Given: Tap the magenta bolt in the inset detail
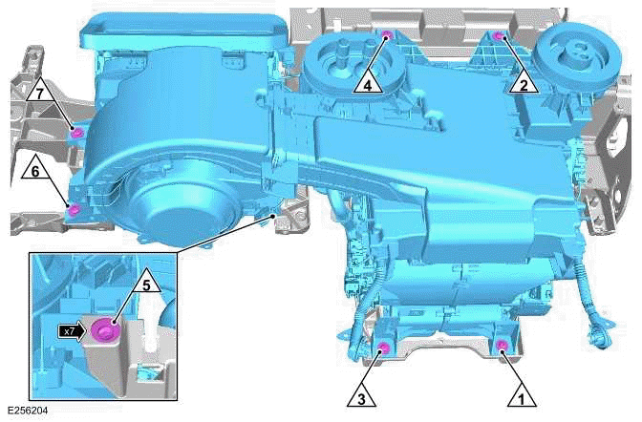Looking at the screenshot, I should [103, 330].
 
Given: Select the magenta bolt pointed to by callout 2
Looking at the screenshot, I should [499, 36].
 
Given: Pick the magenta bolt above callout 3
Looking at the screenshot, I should [383, 346].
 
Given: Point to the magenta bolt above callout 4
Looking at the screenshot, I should [386, 36].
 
